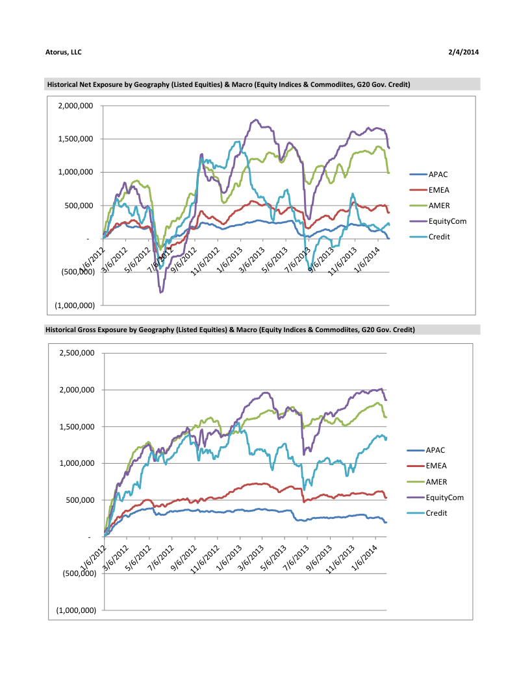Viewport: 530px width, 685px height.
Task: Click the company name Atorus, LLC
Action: (x=64, y=52)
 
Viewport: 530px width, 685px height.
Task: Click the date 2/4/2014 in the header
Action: (x=464, y=52)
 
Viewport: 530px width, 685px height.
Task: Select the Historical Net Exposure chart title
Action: (x=228, y=84)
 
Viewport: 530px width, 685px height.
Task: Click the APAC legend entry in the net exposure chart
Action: (x=437, y=174)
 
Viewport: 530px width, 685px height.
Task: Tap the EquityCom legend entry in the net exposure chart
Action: (x=447, y=221)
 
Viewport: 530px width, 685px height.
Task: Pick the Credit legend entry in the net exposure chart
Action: (x=439, y=237)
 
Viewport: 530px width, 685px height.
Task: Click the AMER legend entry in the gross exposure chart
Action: (x=437, y=481)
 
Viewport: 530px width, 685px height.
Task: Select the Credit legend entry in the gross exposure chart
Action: (x=438, y=513)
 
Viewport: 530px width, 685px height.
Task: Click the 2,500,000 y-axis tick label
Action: (x=77, y=354)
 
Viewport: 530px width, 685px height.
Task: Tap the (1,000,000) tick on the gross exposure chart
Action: (x=76, y=610)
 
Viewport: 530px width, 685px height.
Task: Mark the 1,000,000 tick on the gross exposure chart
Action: (x=77, y=463)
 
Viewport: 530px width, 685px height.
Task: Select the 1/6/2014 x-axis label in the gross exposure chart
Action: (x=366, y=556)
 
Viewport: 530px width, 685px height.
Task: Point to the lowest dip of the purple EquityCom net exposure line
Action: (x=160, y=293)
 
